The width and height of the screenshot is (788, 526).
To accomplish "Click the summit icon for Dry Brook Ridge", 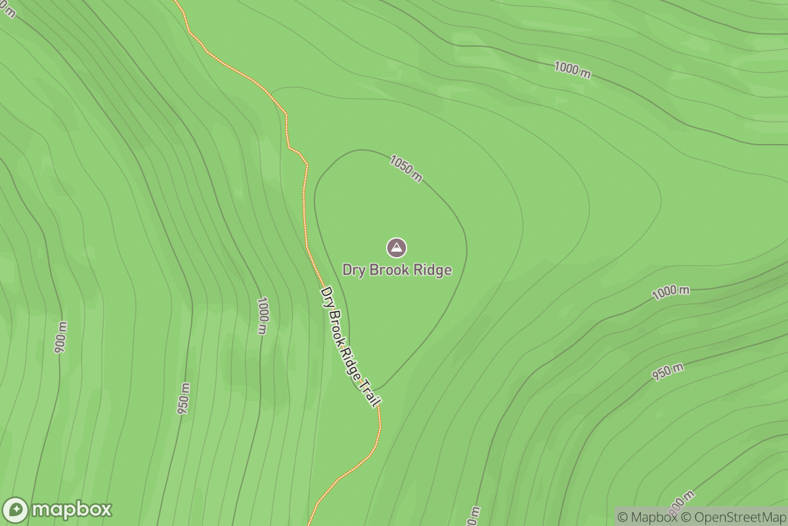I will coord(396,248).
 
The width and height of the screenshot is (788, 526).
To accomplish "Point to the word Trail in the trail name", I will coord(370,394).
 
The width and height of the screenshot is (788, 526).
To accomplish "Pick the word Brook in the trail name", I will coord(336,322).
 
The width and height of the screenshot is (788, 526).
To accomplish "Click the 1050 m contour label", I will coord(406,168).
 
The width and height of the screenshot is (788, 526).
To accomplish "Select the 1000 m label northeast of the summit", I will coord(572,69).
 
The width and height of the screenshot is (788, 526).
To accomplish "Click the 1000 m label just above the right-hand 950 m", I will coord(670,293).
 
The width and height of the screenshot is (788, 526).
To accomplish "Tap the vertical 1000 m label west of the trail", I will coord(263,316).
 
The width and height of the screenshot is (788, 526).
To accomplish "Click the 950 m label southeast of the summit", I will coord(668,372).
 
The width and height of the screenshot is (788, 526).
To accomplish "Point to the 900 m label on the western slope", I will coord(61,337).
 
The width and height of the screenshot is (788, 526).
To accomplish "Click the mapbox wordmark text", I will coord(72,510).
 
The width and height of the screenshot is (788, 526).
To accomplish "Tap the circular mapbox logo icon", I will coord(16,510).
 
